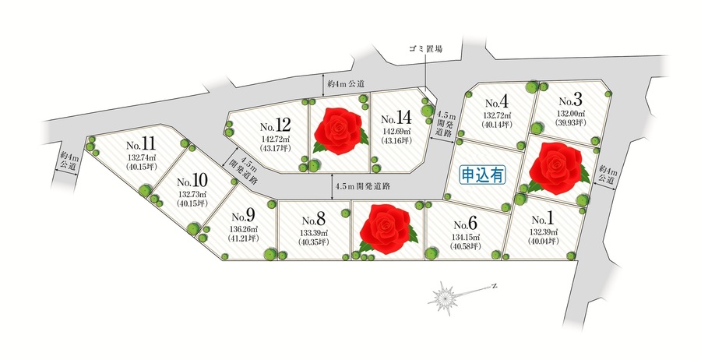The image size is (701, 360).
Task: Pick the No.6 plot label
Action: pyautogui.click(x=464, y=221)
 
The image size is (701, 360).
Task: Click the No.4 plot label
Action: pyautogui.click(x=496, y=103)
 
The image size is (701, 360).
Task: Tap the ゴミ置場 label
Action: pyautogui.click(x=426, y=49)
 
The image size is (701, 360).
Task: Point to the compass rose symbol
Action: pyautogui.click(x=448, y=297)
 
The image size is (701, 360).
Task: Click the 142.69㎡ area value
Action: pyautogui.click(x=397, y=132)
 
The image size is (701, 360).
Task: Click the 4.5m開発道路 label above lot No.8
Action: pyautogui.click(x=362, y=187)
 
